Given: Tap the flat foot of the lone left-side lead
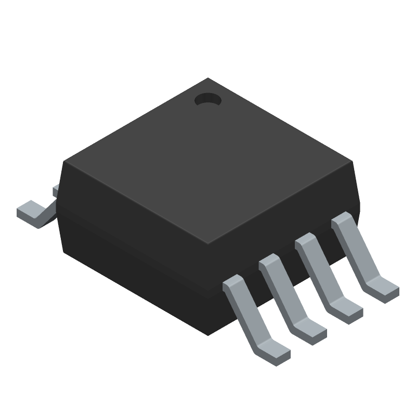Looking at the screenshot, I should (x=29, y=213).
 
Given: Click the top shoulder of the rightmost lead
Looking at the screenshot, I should (x=342, y=218).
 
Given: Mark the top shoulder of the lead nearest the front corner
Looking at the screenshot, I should (x=234, y=283).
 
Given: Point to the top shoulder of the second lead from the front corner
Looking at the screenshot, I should (x=270, y=261).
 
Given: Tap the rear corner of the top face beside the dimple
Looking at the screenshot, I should (x=208, y=79).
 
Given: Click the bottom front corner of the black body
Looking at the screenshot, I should (x=208, y=334).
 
